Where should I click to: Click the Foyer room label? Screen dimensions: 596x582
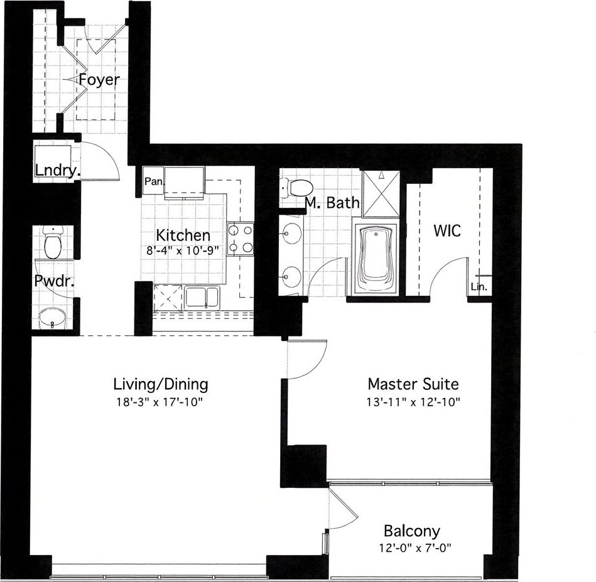pyautogui.click(x=99, y=80)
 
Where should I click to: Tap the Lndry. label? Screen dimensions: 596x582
pyautogui.click(x=57, y=171)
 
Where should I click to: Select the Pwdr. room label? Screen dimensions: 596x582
pyautogui.click(x=54, y=281)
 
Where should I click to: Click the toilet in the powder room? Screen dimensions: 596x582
pyautogui.click(x=53, y=242)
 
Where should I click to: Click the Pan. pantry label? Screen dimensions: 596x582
pyautogui.click(x=154, y=181)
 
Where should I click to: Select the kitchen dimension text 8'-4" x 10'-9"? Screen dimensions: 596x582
pyautogui.click(x=183, y=251)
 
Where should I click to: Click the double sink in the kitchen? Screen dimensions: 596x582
pyautogui.click(x=202, y=298)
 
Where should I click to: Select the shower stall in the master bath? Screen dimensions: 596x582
pyautogui.click(x=381, y=194)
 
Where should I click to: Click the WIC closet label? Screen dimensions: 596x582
pyautogui.click(x=447, y=230)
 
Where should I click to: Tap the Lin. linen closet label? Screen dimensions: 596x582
pyautogui.click(x=479, y=287)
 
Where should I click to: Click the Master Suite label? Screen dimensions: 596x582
pyautogui.click(x=413, y=384)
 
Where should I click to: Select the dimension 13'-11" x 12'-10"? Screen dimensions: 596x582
pyautogui.click(x=413, y=402)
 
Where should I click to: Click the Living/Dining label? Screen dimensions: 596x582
pyautogui.click(x=161, y=384)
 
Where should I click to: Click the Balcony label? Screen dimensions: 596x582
pyautogui.click(x=412, y=531)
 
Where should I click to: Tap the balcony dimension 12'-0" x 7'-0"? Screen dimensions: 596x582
pyautogui.click(x=414, y=548)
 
